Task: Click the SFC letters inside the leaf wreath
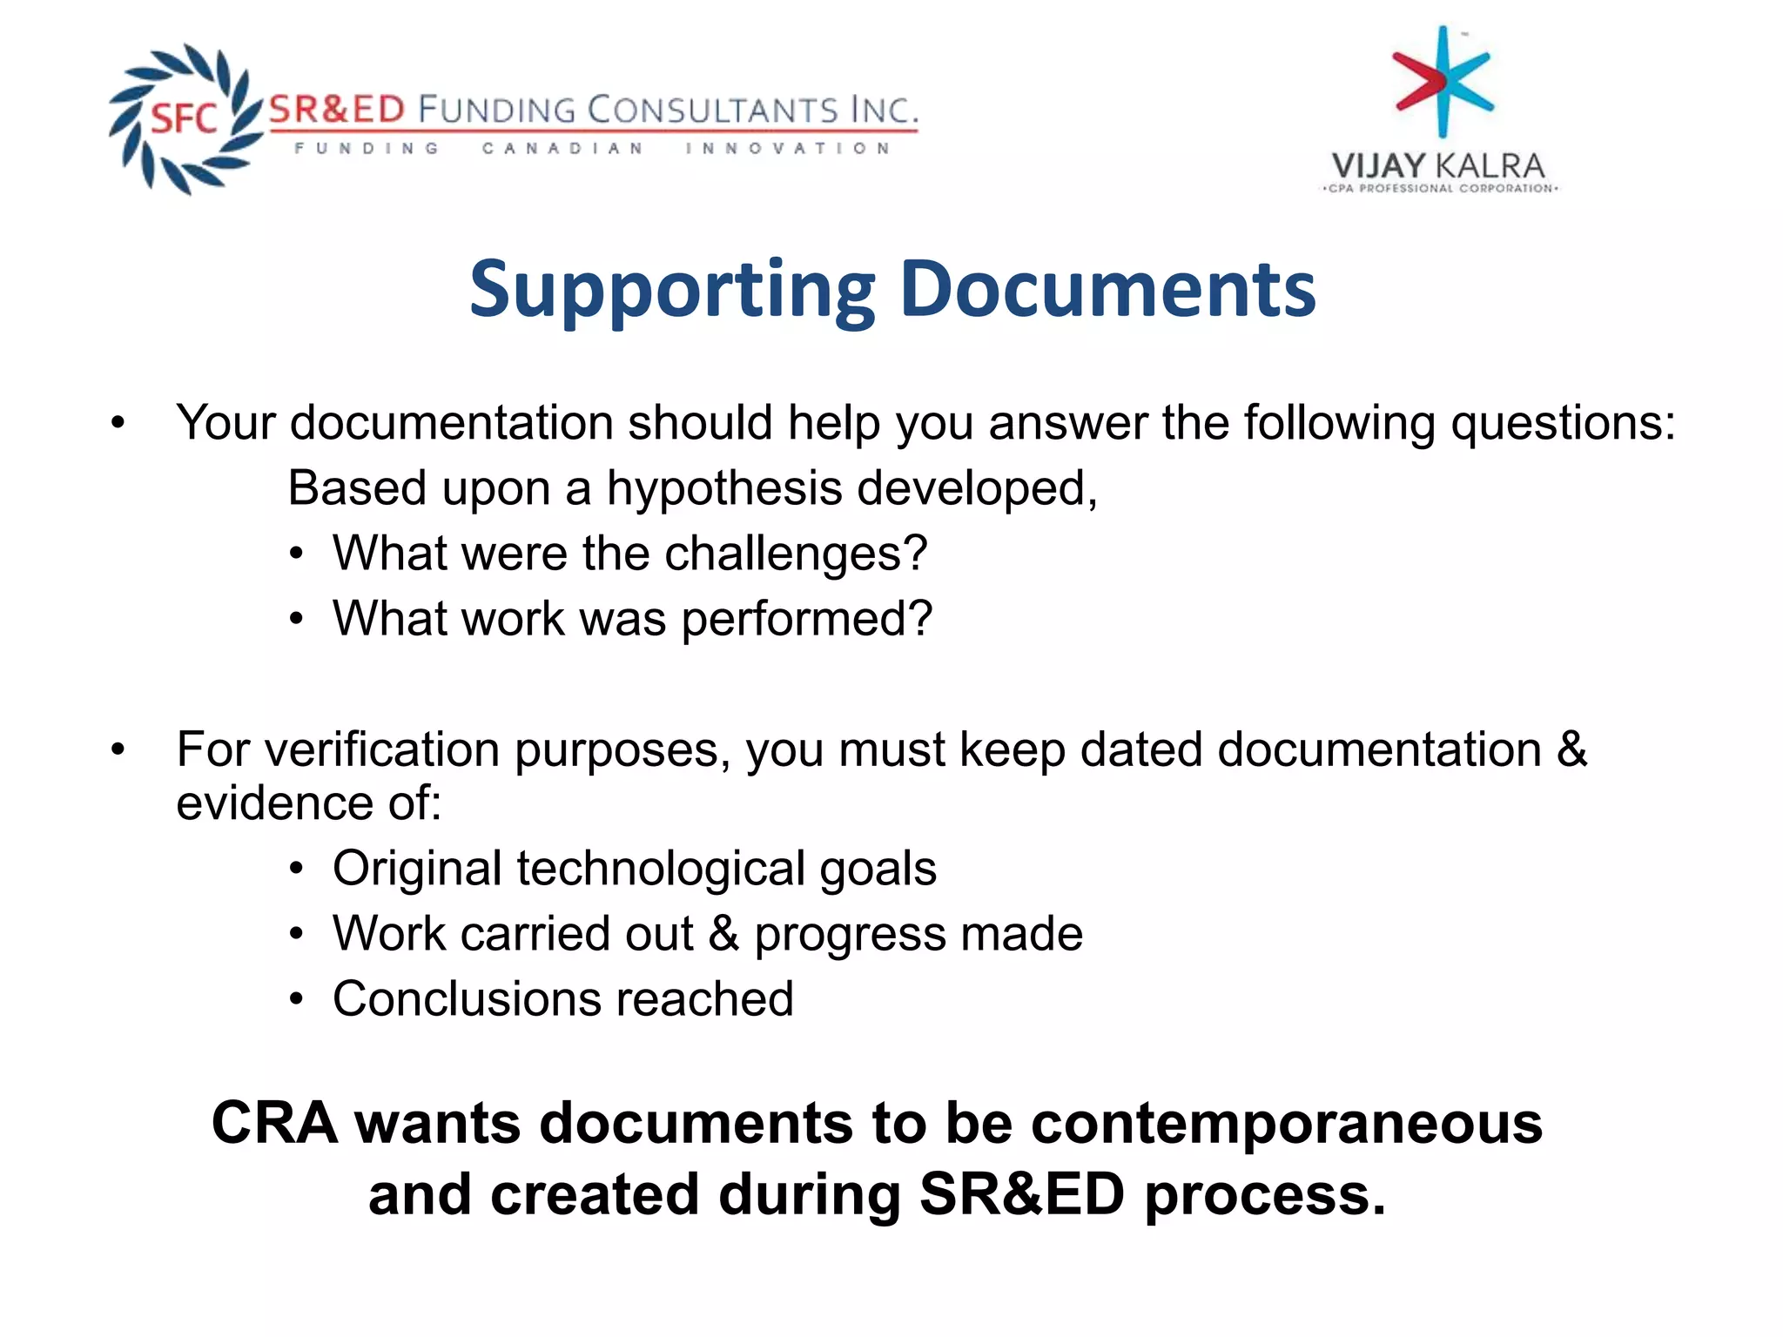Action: (x=184, y=118)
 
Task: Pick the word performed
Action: (x=806, y=620)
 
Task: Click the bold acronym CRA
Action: (x=274, y=1123)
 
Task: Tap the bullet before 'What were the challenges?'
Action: (x=297, y=554)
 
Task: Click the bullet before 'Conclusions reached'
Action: (x=297, y=1000)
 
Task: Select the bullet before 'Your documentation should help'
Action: (x=118, y=424)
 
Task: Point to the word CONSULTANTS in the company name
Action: (x=712, y=111)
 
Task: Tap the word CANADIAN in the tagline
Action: (x=562, y=149)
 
